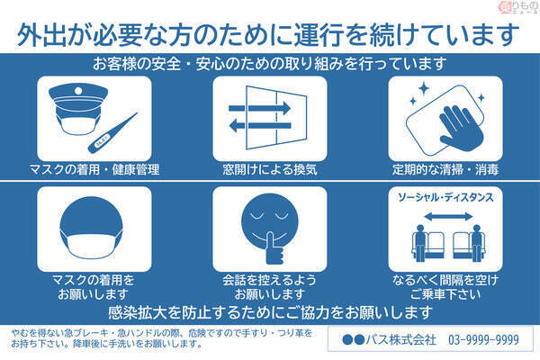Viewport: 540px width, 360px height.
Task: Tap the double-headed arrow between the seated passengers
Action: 444,215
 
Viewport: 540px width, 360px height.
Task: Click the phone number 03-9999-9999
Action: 481,339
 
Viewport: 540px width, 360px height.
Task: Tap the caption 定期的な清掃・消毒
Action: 445,168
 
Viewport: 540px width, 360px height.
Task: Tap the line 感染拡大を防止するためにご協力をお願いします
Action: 270,312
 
